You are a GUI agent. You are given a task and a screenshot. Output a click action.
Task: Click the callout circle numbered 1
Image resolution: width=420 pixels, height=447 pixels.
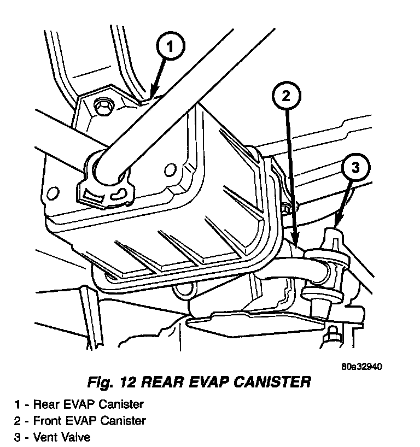(171, 48)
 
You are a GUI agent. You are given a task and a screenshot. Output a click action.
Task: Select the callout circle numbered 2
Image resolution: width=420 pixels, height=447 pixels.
(286, 97)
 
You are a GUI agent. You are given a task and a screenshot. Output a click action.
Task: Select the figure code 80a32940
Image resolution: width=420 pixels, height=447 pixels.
(361, 366)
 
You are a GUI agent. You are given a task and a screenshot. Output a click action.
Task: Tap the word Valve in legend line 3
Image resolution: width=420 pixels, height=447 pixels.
(77, 437)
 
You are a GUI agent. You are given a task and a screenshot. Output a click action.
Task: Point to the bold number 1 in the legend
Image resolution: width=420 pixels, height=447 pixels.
(18, 405)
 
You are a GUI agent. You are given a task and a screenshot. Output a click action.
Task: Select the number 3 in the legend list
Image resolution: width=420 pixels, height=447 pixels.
(18, 437)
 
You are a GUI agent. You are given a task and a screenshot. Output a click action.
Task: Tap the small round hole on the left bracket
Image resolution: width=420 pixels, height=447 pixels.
(53, 192)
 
